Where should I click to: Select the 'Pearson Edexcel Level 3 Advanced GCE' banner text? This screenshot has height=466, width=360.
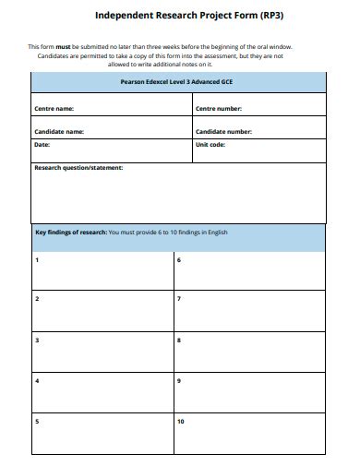[x=178, y=81]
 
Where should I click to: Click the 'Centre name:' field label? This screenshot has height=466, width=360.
[x=54, y=108]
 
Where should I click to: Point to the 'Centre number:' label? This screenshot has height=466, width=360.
[x=219, y=108]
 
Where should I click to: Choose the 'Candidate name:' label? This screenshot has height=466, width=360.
[x=59, y=132]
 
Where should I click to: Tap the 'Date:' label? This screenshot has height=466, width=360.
[x=42, y=145]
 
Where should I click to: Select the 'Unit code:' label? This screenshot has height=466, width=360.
[x=211, y=145]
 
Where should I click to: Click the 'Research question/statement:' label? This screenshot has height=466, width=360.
[x=78, y=168]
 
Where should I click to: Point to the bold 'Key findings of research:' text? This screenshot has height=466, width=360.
[x=70, y=233]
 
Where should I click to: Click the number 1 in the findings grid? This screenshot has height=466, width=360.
[x=37, y=260]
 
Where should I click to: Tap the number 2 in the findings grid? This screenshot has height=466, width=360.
[x=37, y=299]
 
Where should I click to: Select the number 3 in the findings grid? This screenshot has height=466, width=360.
[x=37, y=341]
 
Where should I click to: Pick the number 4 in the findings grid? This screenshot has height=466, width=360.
[x=37, y=380]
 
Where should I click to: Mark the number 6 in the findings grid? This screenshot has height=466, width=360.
[x=179, y=260]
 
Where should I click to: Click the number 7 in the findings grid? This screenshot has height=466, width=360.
[x=179, y=299]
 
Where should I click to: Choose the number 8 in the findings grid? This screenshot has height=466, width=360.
[x=179, y=341]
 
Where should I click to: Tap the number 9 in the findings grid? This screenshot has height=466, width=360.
[x=179, y=380]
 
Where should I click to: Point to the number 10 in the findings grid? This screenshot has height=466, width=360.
[x=181, y=422]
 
